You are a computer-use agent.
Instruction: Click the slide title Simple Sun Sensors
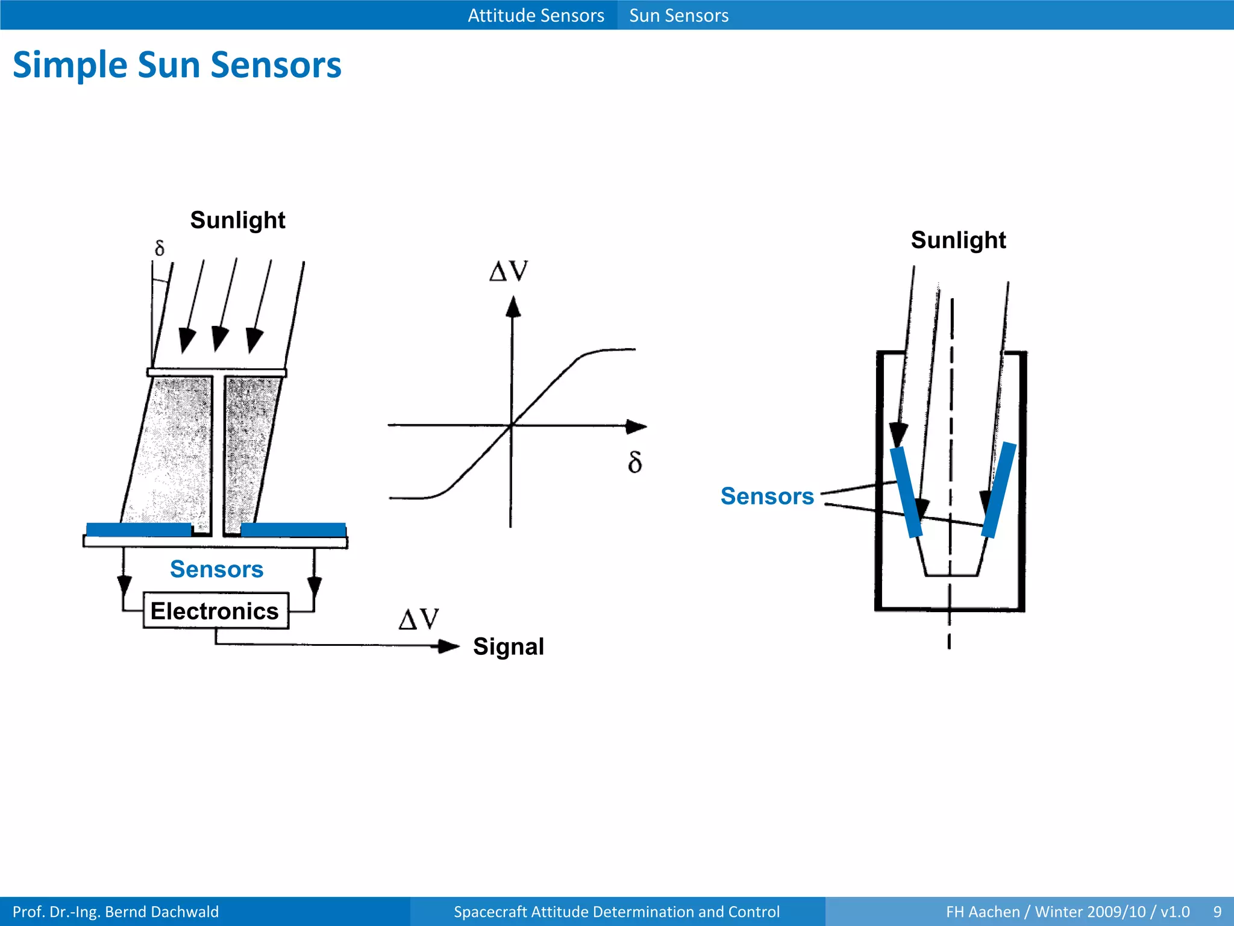177,65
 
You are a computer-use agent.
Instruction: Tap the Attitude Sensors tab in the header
536,15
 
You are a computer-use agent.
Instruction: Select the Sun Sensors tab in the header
678,15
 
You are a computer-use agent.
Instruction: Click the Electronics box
215,611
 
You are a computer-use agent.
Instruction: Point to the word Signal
508,646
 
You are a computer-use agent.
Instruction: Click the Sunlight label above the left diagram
237,220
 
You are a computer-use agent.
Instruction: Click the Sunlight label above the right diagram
958,240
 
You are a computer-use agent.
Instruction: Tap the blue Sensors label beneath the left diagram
216,569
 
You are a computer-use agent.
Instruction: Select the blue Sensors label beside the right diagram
766,496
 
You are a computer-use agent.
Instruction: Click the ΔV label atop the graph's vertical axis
509,271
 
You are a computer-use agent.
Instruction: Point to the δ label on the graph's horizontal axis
634,463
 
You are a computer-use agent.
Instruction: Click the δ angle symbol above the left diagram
159,248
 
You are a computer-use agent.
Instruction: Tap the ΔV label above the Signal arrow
419,619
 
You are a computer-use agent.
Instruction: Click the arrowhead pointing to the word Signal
449,646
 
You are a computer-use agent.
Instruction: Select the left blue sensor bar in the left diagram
139,530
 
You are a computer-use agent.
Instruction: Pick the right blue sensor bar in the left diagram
293,530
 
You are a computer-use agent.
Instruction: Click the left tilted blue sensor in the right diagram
906,492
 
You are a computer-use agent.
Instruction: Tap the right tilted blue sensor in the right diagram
999,490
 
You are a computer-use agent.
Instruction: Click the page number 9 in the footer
1217,912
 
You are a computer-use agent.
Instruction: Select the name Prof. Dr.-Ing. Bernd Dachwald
116,912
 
